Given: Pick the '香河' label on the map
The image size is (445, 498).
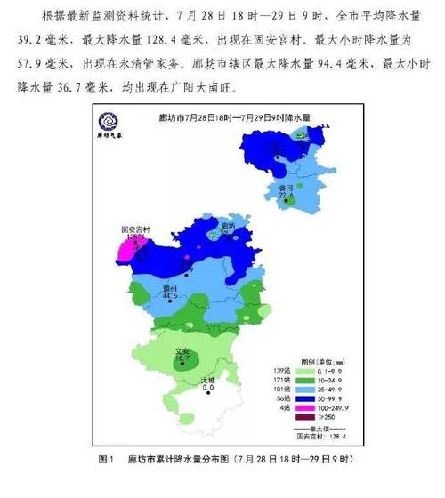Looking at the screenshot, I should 285,189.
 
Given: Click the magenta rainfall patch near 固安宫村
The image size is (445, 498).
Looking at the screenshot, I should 129,249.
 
